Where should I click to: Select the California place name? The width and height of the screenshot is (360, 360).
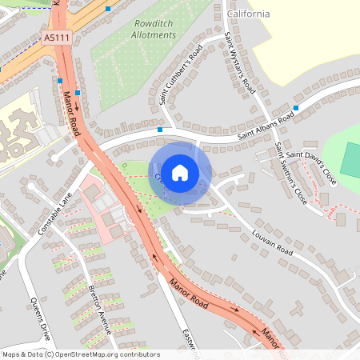coord(248,14)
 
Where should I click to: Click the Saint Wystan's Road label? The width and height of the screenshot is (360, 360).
coord(238,61)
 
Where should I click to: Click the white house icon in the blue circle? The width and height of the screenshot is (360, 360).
coord(180,172)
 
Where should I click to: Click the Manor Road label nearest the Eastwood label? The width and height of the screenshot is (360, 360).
coord(189,294)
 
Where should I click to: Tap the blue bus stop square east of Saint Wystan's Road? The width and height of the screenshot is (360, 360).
coord(296,107)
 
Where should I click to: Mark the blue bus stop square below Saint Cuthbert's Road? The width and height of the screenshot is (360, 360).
coord(160,129)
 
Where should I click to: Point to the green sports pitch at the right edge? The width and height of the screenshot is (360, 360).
coord(350,161)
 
